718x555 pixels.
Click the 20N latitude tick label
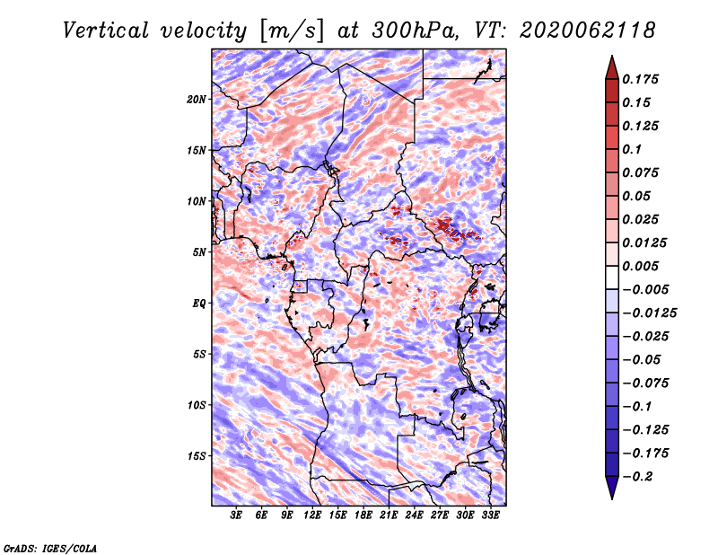point(197,100)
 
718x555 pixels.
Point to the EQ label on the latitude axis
point(198,304)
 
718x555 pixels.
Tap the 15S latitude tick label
point(197,456)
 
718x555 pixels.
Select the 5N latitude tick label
point(199,252)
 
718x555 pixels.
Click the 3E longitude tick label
point(236,515)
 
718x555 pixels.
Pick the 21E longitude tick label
point(389,515)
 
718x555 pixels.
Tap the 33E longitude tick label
point(490,515)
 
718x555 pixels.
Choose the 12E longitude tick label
point(312,515)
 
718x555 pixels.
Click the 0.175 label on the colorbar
point(640,79)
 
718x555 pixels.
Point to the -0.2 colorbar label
point(637,477)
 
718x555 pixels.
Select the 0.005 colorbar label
point(640,266)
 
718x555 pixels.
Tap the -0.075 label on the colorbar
point(645,383)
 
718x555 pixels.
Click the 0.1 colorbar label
point(632,149)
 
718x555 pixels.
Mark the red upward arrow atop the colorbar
point(612,68)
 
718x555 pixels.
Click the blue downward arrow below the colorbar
point(612,488)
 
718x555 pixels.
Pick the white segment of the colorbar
point(612,277)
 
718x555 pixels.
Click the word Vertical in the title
point(106,31)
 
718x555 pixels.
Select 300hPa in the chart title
point(415,31)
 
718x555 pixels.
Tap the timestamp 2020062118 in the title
point(588,31)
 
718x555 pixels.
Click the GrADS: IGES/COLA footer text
point(50,548)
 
